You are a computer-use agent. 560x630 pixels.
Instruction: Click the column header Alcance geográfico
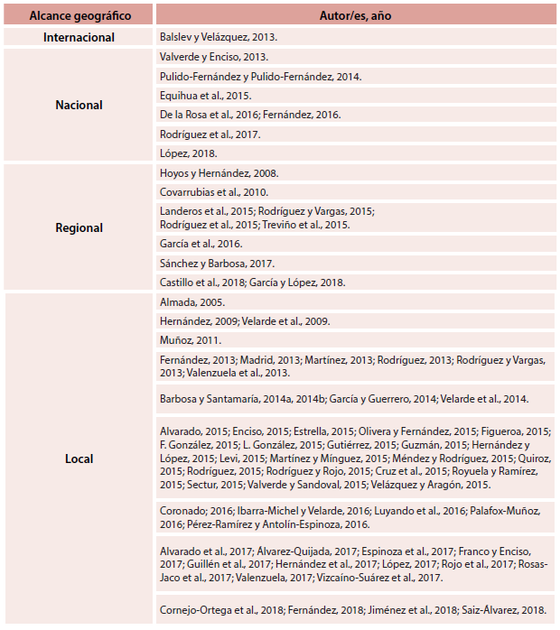[x=79, y=15]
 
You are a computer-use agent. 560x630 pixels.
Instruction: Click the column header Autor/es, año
[x=355, y=15]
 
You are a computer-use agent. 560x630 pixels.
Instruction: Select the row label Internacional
[x=79, y=37]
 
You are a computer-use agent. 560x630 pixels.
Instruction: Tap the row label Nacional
[x=79, y=105]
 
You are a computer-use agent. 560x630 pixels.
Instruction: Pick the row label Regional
[x=79, y=228]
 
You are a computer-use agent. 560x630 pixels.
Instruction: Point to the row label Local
[x=79, y=459]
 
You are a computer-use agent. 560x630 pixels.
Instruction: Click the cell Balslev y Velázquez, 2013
[x=219, y=37]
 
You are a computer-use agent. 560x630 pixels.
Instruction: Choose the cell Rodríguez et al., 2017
[x=210, y=134]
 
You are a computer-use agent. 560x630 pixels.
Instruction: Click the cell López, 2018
[x=182, y=153]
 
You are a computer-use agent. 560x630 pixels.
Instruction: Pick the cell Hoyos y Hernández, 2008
[x=219, y=173]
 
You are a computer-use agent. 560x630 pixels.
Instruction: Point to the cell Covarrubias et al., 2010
[x=214, y=192]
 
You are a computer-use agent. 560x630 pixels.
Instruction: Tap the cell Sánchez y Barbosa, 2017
[x=217, y=264]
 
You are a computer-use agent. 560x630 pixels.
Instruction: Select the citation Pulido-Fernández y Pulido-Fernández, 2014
[x=260, y=76]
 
